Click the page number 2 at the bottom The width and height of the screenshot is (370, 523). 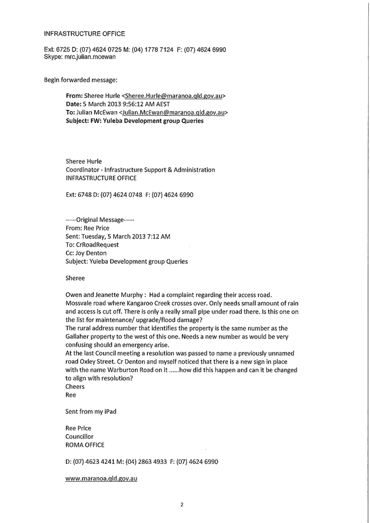[181, 505]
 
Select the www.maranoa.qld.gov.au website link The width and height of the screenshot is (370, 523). [101, 479]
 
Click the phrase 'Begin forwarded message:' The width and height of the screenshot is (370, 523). [81, 80]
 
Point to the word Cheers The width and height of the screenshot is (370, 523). [75, 386]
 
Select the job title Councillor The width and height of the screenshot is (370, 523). [79, 436]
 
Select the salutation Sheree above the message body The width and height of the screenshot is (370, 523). [75, 278]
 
